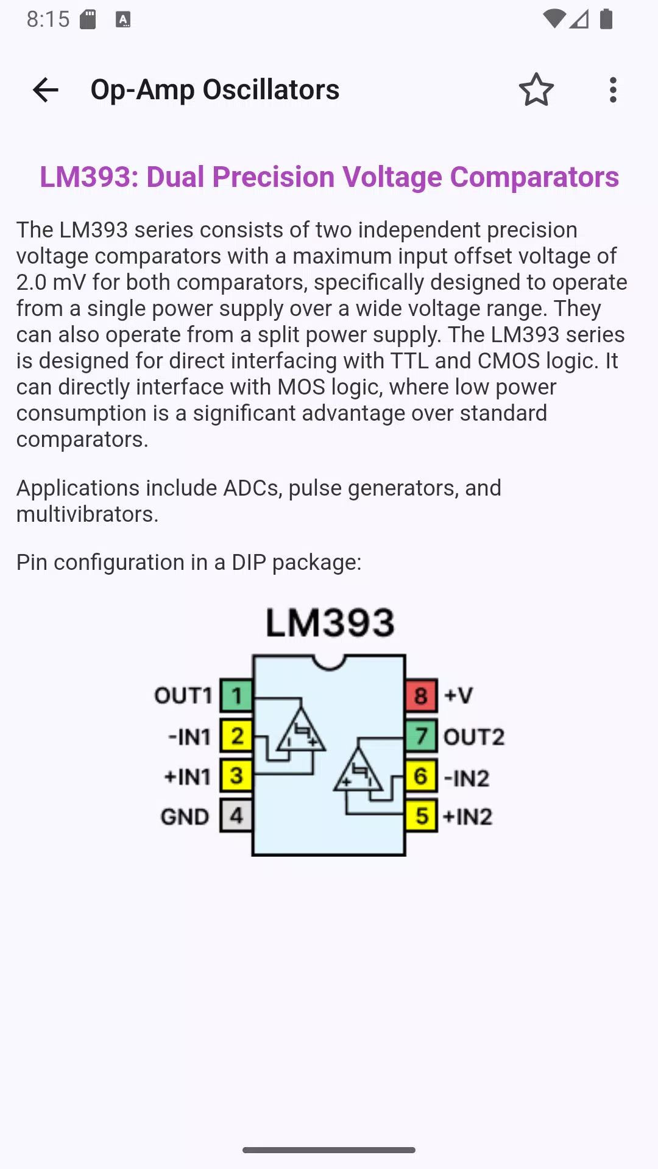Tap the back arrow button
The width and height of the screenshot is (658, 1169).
click(x=46, y=90)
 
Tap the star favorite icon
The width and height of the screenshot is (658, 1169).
click(x=536, y=90)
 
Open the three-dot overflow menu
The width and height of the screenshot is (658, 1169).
click(x=613, y=90)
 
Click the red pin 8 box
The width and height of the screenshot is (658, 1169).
click(x=421, y=695)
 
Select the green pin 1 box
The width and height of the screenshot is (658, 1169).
click(x=236, y=695)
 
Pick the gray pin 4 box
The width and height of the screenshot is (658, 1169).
click(x=236, y=815)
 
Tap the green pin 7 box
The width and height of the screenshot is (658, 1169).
click(x=421, y=735)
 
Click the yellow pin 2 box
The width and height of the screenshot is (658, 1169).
click(x=236, y=735)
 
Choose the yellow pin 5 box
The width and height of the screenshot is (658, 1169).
click(x=421, y=815)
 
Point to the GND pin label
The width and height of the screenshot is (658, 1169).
click(x=185, y=816)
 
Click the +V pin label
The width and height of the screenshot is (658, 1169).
click(x=458, y=695)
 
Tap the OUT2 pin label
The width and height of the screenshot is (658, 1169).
click(x=474, y=737)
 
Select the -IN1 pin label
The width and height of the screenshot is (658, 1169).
click(x=189, y=737)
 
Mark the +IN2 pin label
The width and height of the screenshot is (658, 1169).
click(x=467, y=816)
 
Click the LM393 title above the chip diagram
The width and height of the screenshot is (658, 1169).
click(x=330, y=622)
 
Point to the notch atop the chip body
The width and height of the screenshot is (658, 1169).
click(x=329, y=662)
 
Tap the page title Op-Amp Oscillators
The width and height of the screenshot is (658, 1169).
click(x=215, y=90)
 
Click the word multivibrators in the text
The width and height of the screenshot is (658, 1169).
click(x=87, y=514)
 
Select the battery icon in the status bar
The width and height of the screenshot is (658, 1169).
click(x=606, y=19)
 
